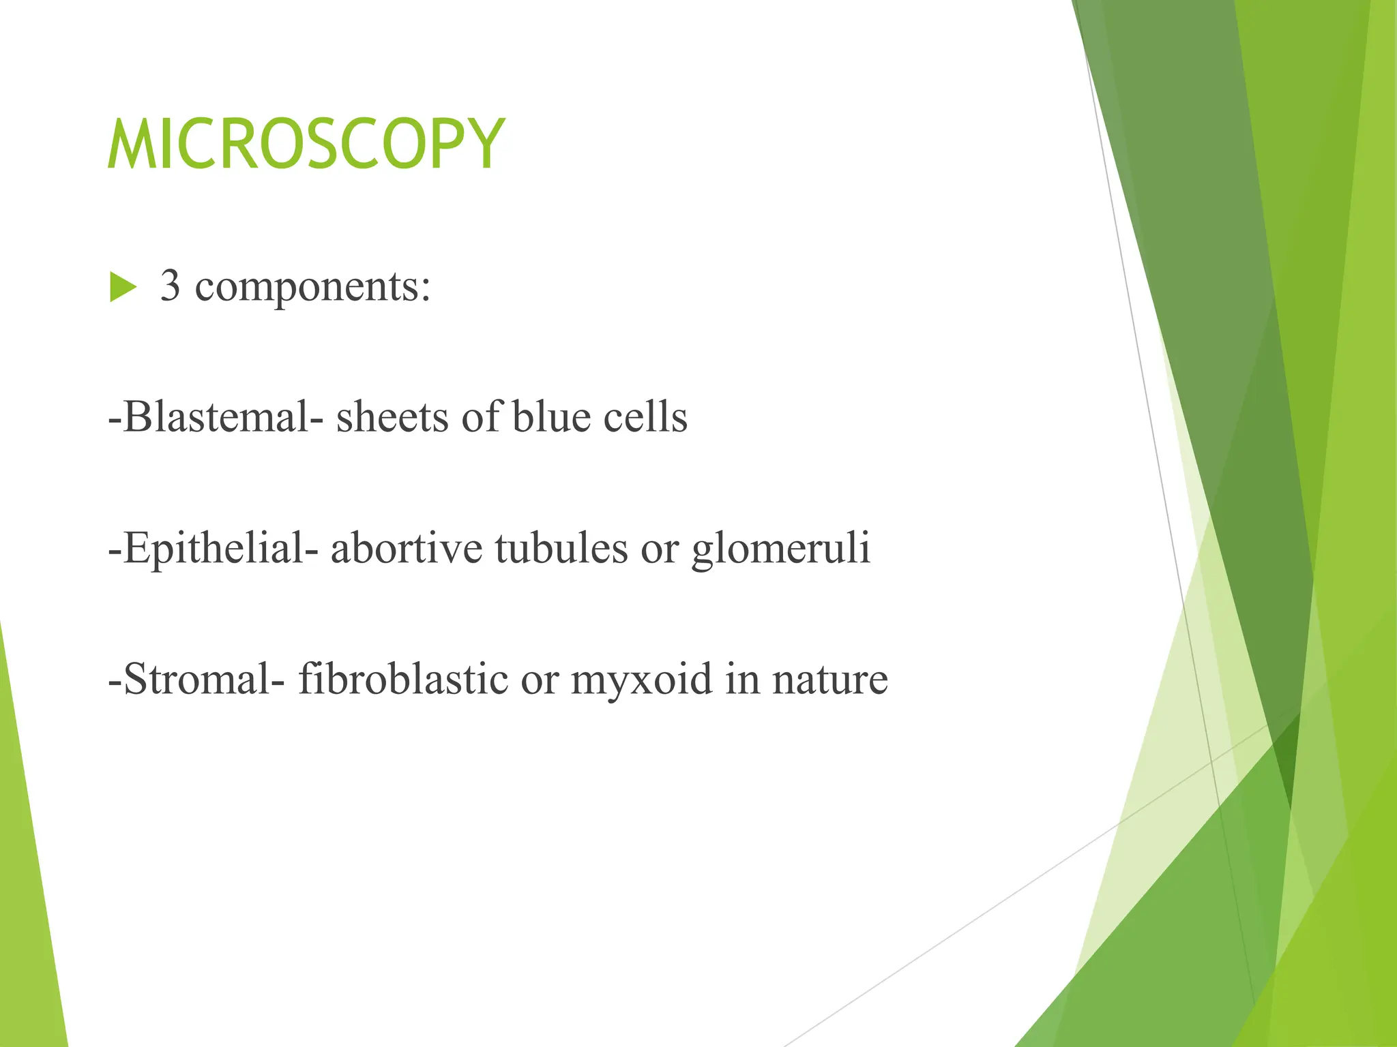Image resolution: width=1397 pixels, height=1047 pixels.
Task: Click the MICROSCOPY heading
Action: pyautogui.click(x=306, y=145)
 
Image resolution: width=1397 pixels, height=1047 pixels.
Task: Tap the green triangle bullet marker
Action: pyautogui.click(x=123, y=287)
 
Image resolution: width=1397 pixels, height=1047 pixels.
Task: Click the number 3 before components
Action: pyautogui.click(x=171, y=286)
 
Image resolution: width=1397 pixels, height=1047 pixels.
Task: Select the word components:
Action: pyautogui.click(x=313, y=287)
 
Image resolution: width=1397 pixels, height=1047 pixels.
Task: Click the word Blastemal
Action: pyautogui.click(x=217, y=416)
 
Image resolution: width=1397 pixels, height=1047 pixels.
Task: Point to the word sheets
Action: pyautogui.click(x=392, y=416)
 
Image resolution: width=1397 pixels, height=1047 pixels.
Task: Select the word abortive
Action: pyautogui.click(x=407, y=548)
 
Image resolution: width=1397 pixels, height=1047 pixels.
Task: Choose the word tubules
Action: pyautogui.click(x=561, y=548)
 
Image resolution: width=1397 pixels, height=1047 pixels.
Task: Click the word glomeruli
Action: pyautogui.click(x=781, y=549)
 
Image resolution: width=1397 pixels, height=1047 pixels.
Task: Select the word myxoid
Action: pyautogui.click(x=641, y=680)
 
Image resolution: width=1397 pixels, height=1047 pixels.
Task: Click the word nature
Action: pyautogui.click(x=829, y=680)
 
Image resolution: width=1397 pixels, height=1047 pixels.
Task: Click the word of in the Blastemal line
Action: pyautogui.click(x=481, y=416)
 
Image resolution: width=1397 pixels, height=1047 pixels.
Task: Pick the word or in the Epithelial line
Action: pyautogui.click(x=660, y=549)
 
